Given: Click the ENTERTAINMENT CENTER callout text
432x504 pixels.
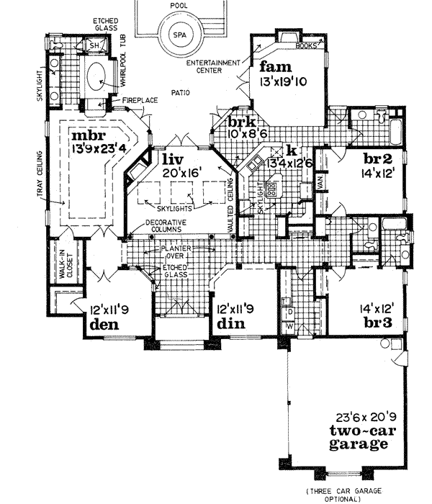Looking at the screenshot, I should pyautogui.click(x=212, y=67).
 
